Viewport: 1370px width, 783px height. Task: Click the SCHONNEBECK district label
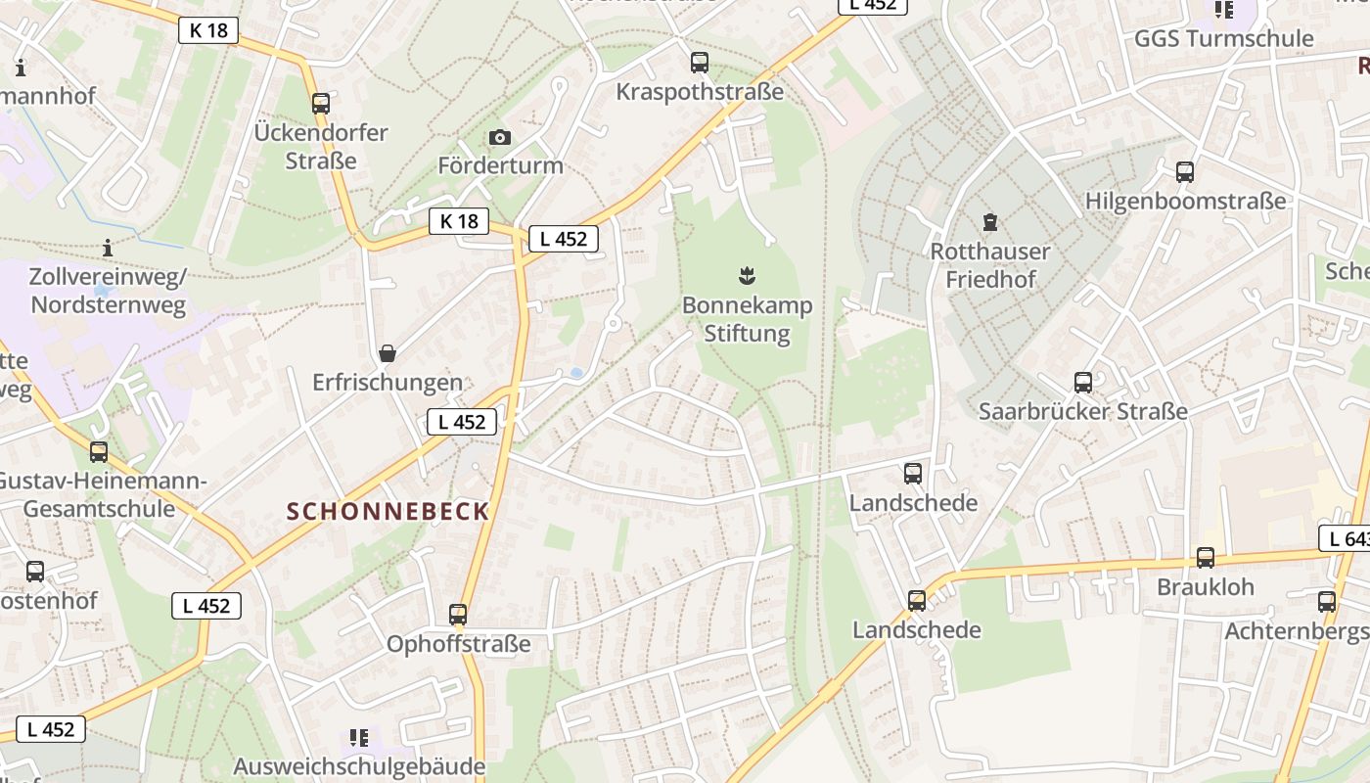pyautogui.click(x=388, y=511)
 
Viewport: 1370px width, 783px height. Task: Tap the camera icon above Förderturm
pyautogui.click(x=500, y=137)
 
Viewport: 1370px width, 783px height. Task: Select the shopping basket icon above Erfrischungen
pyautogui.click(x=388, y=352)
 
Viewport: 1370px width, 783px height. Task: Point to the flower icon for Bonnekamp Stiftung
pyautogui.click(x=748, y=277)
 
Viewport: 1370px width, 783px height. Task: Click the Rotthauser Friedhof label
pyautogui.click(x=989, y=265)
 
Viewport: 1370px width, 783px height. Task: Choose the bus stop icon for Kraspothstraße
pyautogui.click(x=700, y=63)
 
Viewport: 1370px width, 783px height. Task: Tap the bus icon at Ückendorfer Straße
pyautogui.click(x=321, y=103)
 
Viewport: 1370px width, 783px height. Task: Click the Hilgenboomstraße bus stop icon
pyautogui.click(x=1185, y=172)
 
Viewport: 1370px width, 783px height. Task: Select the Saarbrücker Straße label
pyautogui.click(x=1082, y=411)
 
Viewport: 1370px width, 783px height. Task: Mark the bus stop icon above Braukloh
pyautogui.click(x=1206, y=558)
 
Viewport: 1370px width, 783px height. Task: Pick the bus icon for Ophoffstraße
pyautogui.click(x=458, y=615)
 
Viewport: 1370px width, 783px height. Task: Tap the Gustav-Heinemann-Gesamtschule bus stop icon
pyautogui.click(x=99, y=452)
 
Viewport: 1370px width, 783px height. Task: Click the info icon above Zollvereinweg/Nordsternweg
pyautogui.click(x=108, y=248)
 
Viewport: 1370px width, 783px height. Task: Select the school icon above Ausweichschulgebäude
pyautogui.click(x=359, y=737)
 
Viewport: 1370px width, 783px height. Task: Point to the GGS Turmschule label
pyautogui.click(x=1223, y=38)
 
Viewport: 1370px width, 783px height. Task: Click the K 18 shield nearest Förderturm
pyautogui.click(x=459, y=221)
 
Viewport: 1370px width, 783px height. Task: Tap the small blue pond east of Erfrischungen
pyautogui.click(x=576, y=373)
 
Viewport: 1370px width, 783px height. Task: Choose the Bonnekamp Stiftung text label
pyautogui.click(x=748, y=319)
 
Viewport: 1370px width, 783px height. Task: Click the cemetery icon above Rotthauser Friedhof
pyautogui.click(x=989, y=222)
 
